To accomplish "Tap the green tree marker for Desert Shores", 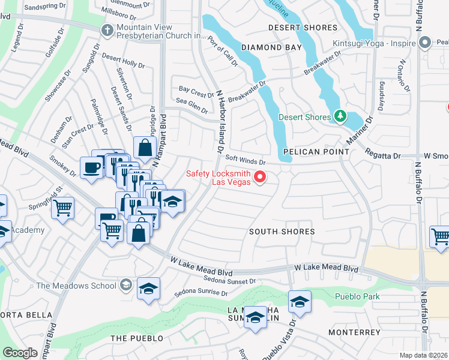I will tap(340, 115).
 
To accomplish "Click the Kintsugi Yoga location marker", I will tap(426, 42).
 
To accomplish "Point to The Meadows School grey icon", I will tap(125, 284).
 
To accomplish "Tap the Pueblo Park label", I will tap(354, 296).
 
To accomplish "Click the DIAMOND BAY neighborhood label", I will tap(269, 47).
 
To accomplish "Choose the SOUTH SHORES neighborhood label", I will tap(282, 232).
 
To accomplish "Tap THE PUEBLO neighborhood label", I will tap(137, 338).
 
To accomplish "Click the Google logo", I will tap(20, 353).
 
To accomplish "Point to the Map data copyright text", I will tap(424, 355).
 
